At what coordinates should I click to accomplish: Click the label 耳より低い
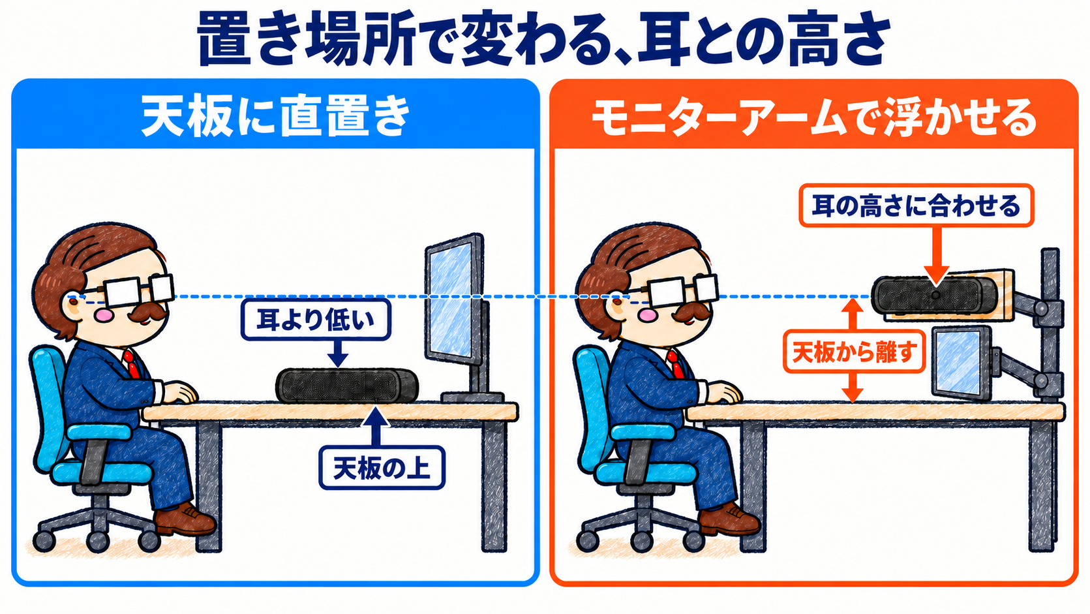tap(316, 320)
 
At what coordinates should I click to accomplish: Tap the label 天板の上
tap(382, 468)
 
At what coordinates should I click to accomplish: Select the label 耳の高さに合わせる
tap(916, 206)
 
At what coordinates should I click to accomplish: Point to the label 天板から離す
tap(855, 352)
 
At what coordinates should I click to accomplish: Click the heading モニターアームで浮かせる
tap(813, 117)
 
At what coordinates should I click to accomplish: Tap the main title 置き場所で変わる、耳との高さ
tap(544, 39)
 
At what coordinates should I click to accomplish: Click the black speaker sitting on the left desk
tap(347, 386)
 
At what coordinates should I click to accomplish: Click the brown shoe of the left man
tap(185, 519)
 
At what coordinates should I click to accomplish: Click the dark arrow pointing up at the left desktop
tap(376, 426)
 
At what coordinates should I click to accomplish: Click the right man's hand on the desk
tap(723, 391)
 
